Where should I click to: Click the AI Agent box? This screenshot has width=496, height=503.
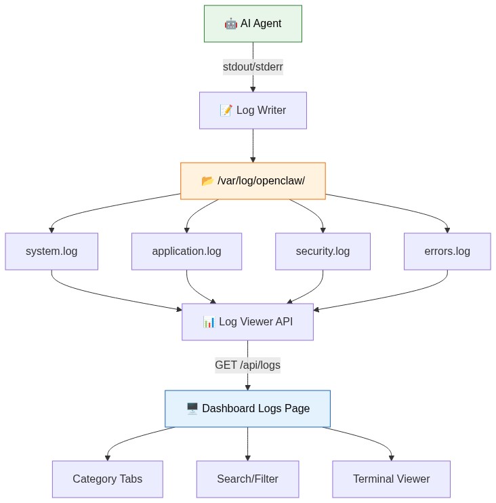pyautogui.click(x=253, y=24)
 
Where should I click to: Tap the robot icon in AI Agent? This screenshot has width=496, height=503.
pyautogui.click(x=231, y=24)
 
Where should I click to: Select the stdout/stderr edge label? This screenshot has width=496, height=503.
pyautogui.click(x=253, y=66)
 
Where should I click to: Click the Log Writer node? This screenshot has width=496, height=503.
pyautogui.click(x=253, y=110)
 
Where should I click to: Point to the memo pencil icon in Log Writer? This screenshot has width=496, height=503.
pyautogui.click(x=226, y=110)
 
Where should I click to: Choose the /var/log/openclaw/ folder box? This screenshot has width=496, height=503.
pyautogui.click(x=253, y=181)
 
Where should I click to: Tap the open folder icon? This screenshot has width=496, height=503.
pyautogui.click(x=208, y=181)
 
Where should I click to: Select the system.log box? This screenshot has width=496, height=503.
pyautogui.click(x=51, y=251)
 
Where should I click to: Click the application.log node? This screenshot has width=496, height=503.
pyautogui.click(x=186, y=251)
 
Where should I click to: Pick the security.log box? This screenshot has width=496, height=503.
pyautogui.click(x=323, y=251)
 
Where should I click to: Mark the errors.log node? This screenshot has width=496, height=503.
pyautogui.click(x=447, y=251)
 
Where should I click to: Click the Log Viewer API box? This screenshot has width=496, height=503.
pyautogui.click(x=247, y=322)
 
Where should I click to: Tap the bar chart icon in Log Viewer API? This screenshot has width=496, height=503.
pyautogui.click(x=209, y=322)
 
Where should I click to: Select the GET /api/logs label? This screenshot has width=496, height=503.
pyautogui.click(x=247, y=365)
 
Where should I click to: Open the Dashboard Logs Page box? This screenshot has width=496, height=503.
pyautogui.click(x=247, y=409)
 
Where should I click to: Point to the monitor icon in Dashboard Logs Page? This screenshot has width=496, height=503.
pyautogui.click(x=192, y=409)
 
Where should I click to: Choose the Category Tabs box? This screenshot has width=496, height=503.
pyautogui.click(x=107, y=479)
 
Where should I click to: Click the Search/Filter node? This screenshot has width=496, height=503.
pyautogui.click(x=247, y=479)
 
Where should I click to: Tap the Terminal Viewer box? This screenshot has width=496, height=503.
pyautogui.click(x=391, y=479)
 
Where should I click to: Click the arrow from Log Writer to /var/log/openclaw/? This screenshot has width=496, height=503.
pyautogui.click(x=253, y=146)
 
